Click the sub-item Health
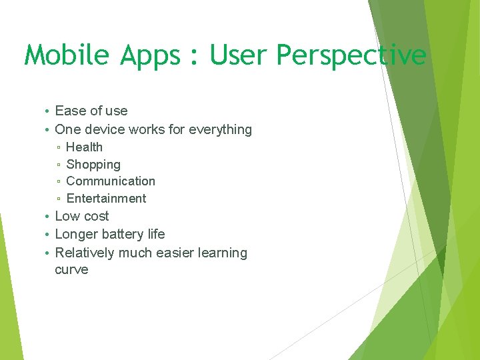click(84, 147)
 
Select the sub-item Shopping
click(93, 165)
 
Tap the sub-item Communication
click(111, 181)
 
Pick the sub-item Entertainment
click(106, 199)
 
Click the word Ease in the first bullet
click(70, 111)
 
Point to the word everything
click(220, 130)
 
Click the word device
click(105, 129)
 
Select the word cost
click(95, 217)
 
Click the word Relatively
click(85, 253)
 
